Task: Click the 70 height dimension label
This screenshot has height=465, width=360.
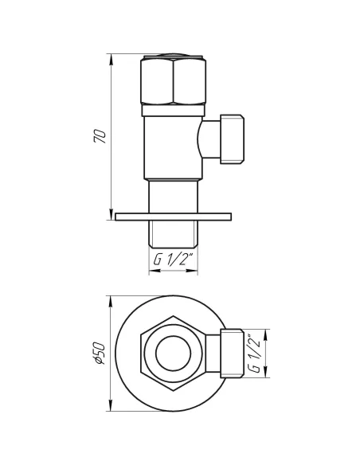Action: coord(100,136)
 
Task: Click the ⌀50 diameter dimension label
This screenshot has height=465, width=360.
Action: coord(99,354)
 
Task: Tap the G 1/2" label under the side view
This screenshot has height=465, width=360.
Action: coord(174,260)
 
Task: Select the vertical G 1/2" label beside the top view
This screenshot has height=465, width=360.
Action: coord(254,354)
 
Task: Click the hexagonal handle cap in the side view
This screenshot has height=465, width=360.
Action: coord(173,80)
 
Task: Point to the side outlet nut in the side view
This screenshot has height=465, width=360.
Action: coord(232,139)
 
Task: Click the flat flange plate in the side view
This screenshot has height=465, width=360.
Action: coord(173,217)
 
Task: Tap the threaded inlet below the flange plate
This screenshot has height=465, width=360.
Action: coord(173,234)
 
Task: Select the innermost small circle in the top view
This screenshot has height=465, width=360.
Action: coord(173,354)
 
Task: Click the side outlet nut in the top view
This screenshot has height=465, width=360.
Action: coord(232,354)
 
